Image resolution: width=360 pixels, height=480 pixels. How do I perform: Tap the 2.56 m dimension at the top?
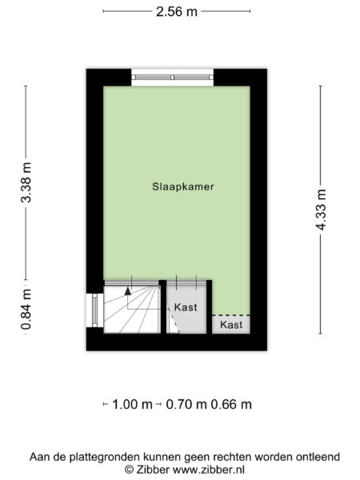pos(177,12)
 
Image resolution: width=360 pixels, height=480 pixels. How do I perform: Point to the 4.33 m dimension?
pos(322,210)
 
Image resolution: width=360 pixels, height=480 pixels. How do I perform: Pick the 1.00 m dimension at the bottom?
pos(132,405)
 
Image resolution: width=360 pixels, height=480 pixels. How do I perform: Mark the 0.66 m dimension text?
pos(231,405)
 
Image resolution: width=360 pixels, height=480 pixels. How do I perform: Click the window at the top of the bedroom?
pos(173,78)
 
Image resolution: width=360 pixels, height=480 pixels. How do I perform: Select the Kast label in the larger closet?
pos(185,306)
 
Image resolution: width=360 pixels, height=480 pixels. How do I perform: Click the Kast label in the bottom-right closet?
pos(230,325)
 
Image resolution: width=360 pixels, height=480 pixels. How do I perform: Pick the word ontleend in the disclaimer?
pos(314,457)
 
